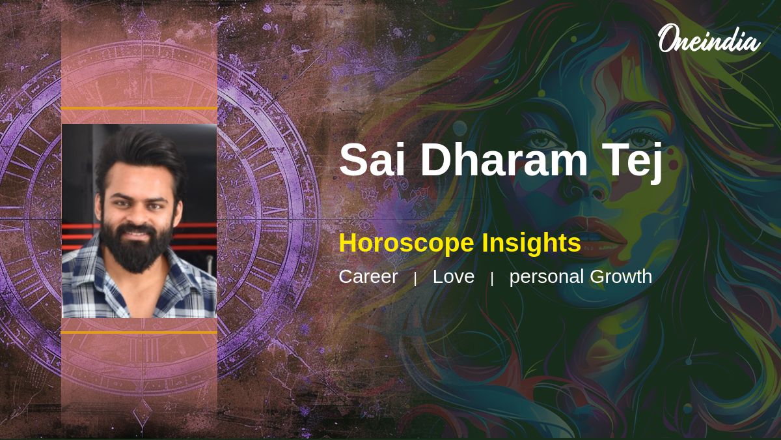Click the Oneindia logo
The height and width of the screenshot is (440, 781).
(709, 38)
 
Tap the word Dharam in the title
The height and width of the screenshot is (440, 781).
(505, 159)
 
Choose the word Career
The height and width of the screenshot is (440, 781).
(368, 276)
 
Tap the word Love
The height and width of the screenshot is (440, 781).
(453, 276)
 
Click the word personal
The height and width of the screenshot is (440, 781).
(547, 277)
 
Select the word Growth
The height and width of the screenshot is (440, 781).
(621, 276)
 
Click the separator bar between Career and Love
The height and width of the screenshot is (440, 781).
(415, 279)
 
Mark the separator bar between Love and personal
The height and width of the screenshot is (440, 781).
(492, 279)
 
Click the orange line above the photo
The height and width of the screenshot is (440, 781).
(139, 109)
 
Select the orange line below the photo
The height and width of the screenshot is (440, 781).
(139, 332)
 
